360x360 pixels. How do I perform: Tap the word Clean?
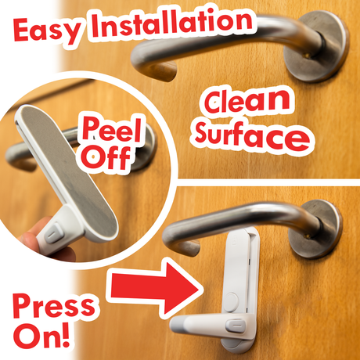coord(247,101)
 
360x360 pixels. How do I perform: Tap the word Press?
coord(54,306)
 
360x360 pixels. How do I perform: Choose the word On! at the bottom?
coord(41,335)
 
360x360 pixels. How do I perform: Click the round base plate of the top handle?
coord(316,46)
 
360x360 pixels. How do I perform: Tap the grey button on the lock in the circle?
coord(53,232)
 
